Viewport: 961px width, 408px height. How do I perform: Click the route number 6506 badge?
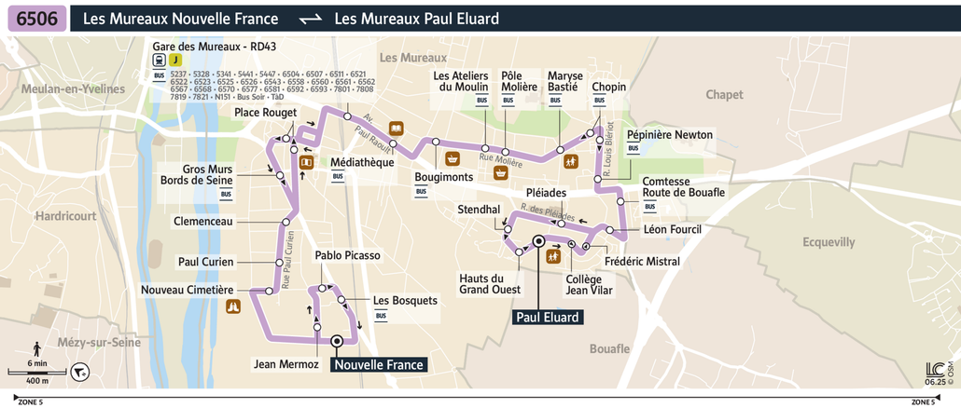click(x=36, y=19)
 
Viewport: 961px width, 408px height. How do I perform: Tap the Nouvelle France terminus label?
click(x=379, y=365)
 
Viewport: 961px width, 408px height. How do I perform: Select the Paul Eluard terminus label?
click(x=549, y=317)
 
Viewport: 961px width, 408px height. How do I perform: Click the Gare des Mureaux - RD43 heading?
click(x=216, y=46)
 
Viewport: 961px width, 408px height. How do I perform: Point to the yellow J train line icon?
click(x=175, y=59)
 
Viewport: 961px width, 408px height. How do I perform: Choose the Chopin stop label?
click(x=608, y=88)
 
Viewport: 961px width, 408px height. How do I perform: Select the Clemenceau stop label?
click(x=202, y=222)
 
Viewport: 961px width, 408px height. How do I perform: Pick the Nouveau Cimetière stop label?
click(x=187, y=290)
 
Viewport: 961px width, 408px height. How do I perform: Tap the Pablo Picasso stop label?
click(x=347, y=255)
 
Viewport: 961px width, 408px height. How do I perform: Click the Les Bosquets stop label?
click(x=405, y=301)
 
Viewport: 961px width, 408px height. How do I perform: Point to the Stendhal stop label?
click(x=479, y=211)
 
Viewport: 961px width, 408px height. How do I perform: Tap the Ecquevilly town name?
click(x=829, y=242)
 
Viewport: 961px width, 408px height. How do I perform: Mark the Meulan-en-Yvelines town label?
click(x=63, y=88)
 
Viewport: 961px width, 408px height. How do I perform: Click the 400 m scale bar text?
click(x=37, y=381)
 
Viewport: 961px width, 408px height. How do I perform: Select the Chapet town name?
click(x=724, y=95)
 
